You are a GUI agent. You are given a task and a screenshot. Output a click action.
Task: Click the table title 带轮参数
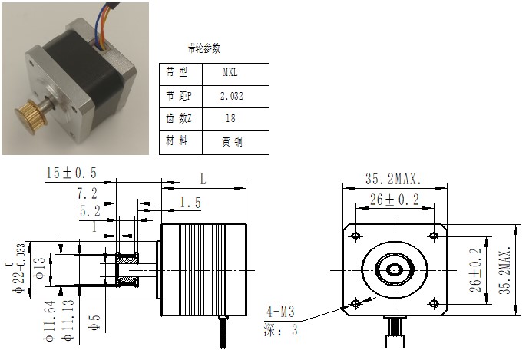[203, 48]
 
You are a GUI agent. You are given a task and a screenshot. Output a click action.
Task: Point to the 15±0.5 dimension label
[71, 173]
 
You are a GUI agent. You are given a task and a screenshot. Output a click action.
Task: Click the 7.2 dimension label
[87, 193]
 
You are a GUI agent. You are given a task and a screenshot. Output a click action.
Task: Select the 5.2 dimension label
[90, 212]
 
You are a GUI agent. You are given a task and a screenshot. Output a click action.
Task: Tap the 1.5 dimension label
[190, 203]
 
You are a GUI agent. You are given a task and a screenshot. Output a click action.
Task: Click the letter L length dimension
[203, 179]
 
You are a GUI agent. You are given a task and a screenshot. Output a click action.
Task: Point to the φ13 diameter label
[40, 268]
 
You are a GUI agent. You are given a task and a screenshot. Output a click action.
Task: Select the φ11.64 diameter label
[50, 321]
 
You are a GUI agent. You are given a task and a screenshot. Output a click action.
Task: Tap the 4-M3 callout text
[281, 312]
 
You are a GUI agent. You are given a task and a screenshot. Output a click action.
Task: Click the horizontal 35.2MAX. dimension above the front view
[394, 179]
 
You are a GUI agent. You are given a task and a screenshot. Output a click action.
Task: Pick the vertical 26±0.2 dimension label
[475, 270]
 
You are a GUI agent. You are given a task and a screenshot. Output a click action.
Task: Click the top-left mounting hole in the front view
[356, 235]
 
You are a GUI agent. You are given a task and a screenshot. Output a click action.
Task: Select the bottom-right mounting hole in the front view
[435, 303]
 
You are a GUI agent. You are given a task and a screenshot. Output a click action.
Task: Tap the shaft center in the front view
[395, 270]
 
